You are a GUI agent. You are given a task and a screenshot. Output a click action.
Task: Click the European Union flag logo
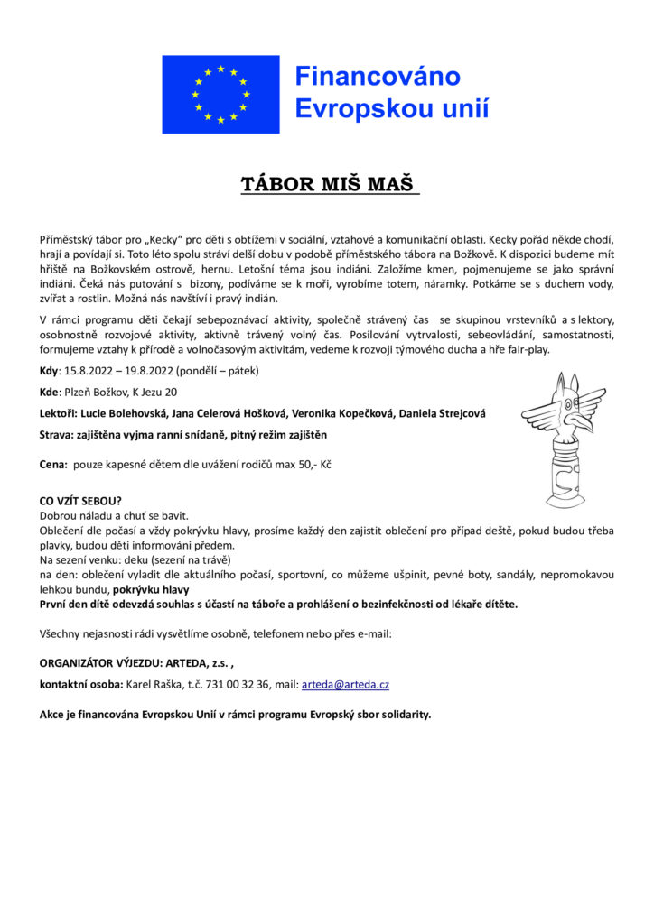pyautogui.click(x=220, y=93)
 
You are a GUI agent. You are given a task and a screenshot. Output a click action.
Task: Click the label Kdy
pyautogui.click(x=48, y=370)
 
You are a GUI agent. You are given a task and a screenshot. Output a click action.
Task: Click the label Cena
pyautogui.click(x=52, y=464)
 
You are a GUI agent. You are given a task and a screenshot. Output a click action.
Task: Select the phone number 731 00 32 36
pyautogui.click(x=238, y=685)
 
